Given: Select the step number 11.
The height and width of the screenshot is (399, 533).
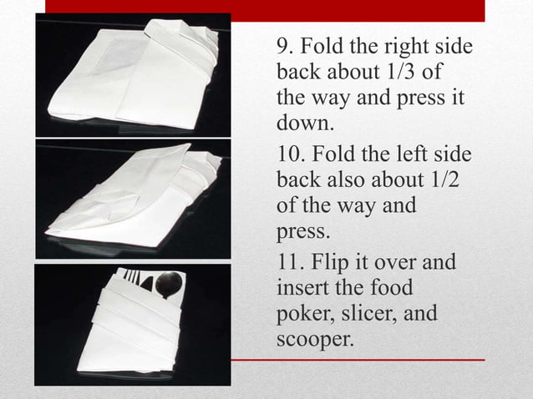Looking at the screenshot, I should (x=289, y=263).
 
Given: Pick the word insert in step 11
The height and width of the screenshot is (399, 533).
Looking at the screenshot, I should (x=299, y=289).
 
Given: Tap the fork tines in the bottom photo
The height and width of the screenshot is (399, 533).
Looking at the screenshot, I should (x=131, y=276).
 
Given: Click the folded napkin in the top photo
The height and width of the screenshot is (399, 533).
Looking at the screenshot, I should (x=134, y=79).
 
